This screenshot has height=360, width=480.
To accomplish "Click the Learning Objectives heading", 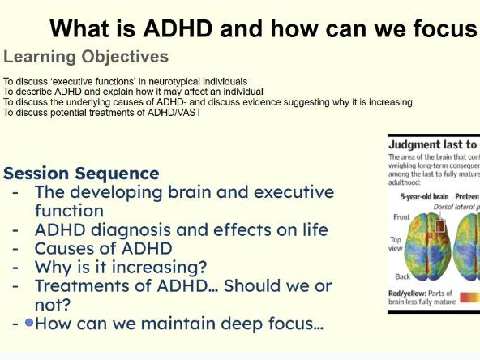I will (86, 57).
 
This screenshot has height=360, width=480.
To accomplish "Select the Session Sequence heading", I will (81, 173).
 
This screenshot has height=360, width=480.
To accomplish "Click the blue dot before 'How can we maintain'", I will (29, 323).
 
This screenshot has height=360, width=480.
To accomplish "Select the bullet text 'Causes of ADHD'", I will (103, 248).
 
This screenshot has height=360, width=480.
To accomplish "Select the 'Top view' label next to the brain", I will (397, 245).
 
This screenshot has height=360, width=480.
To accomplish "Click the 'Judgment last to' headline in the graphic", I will (433, 144).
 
